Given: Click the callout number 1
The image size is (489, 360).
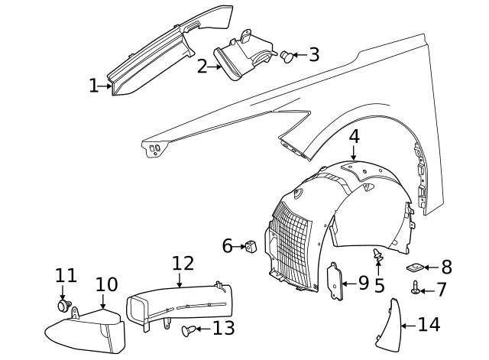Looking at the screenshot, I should [93, 86].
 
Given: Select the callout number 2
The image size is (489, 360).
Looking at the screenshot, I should [202, 66].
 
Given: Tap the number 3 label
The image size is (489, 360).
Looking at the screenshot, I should [313, 55].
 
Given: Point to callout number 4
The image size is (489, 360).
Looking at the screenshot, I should [354, 137].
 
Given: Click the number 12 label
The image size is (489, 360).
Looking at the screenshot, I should [183, 264].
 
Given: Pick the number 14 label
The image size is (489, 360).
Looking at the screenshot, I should [429, 325].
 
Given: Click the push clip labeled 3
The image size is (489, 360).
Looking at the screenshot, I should [287, 55].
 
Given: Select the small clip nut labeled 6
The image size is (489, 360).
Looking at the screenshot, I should [250, 246].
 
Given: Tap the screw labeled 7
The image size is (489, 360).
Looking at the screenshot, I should [416, 288].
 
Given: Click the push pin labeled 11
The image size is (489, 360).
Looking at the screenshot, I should [63, 306].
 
